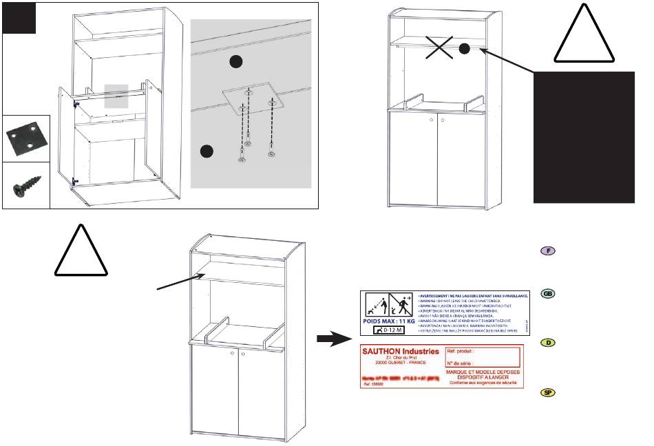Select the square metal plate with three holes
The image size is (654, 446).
point(25,138)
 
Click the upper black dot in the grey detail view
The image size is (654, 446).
point(236,62)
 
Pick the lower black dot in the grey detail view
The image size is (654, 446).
point(205,151)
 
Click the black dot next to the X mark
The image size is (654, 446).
point(464,48)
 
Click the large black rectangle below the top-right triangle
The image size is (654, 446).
point(584,136)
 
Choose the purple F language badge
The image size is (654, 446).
point(548,251)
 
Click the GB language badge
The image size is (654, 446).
point(548,294)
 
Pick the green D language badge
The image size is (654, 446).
point(548,342)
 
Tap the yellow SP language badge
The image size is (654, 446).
point(548,392)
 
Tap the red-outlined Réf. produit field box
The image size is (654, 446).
point(483,357)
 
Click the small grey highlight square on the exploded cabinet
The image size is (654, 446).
point(115,97)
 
